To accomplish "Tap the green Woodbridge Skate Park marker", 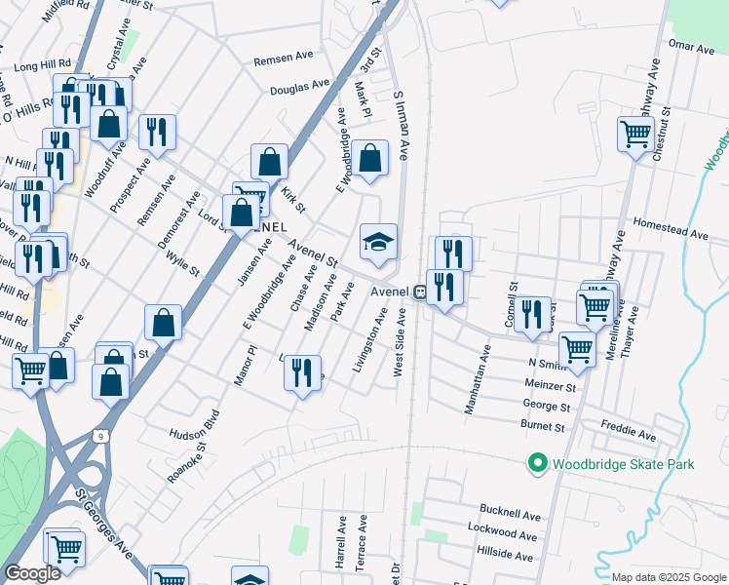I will pyautogui.click(x=535, y=464).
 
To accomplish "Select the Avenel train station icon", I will pyautogui.click(x=419, y=291).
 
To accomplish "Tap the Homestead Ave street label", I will pyautogui.click(x=670, y=234).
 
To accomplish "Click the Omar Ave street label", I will pyautogui.click(x=692, y=46).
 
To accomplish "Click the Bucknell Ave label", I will pyautogui.click(x=510, y=514).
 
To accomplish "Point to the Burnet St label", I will pyautogui.click(x=543, y=427).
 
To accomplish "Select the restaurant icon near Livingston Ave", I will pyautogui.click(x=302, y=371).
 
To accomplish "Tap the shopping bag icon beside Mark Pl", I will pyautogui.click(x=369, y=158).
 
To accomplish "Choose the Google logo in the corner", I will pyautogui.click(x=32, y=574).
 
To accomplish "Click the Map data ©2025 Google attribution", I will pyautogui.click(x=670, y=577).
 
